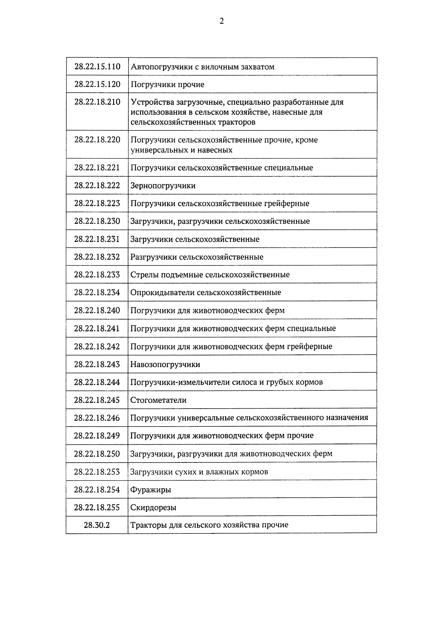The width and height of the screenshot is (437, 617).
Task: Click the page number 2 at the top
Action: (x=221, y=21)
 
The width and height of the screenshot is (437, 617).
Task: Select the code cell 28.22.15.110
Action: (x=97, y=67)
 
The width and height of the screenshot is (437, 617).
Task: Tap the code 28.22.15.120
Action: (x=97, y=84)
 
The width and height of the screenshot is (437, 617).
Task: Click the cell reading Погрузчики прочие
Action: (x=168, y=85)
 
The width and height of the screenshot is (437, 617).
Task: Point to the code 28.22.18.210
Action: (x=97, y=102)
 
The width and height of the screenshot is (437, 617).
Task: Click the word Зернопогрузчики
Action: (x=163, y=186)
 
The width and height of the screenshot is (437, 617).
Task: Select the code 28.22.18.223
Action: (x=97, y=203)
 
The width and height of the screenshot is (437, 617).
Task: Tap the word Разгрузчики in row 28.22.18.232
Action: (x=154, y=257)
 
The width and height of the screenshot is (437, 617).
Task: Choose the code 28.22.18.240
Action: (x=97, y=310)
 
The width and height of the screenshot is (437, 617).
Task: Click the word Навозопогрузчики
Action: (x=165, y=364)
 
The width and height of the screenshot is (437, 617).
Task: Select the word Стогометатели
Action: (x=158, y=400)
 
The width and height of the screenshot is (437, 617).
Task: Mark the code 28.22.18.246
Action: (x=97, y=418)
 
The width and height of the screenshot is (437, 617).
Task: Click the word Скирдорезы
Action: (x=153, y=508)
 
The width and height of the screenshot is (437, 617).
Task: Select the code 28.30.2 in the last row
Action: (x=97, y=525)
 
